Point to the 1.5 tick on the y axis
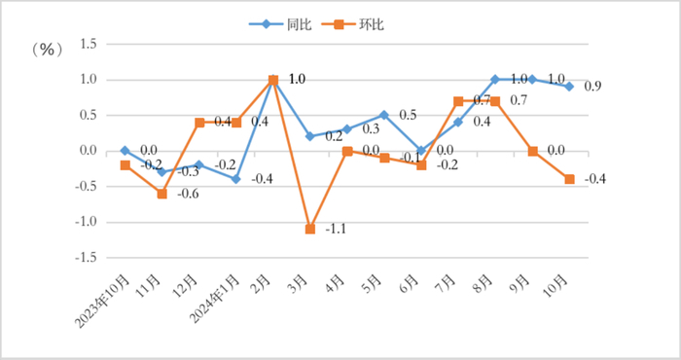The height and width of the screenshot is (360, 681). coord(90,44)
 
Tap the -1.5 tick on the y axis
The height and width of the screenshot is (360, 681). coord(89,258)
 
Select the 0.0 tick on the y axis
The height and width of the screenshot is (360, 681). coord(90,151)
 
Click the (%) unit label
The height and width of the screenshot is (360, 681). coord(46,48)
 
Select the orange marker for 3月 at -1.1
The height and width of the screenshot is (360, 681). coord(310,229)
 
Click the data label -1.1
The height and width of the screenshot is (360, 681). coord(336,231)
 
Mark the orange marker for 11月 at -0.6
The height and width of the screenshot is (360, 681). coord(161,194)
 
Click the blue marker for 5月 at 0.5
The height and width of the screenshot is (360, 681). coord(384,115)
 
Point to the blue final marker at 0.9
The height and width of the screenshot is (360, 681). coord(569,87)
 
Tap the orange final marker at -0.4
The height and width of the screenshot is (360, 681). coord(569,179)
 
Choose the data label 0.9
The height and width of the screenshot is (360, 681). coord(592,87)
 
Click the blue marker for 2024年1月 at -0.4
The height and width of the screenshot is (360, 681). coord(236,179)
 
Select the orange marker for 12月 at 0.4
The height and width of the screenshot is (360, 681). coord(199,123)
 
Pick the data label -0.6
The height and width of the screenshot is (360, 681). coord(187,195)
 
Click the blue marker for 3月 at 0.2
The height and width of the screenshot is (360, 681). coord(310,136)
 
